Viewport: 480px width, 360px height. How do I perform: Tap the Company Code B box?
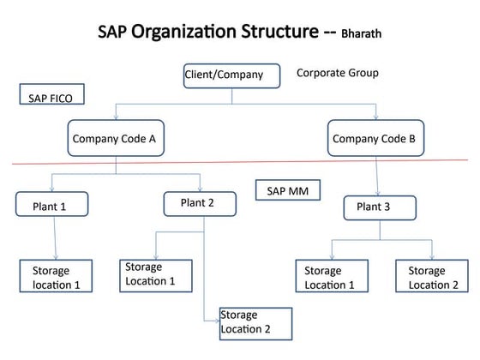coord(373,138)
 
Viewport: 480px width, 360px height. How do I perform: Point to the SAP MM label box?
coord(288,190)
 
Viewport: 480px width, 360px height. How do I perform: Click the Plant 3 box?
coord(380,208)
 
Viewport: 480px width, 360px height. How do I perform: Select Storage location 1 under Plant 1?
coord(56,276)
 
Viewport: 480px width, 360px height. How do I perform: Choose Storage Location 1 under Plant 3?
coord(330,277)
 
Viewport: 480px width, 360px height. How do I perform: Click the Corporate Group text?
coord(338,74)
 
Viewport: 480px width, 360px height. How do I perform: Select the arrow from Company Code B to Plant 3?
coord(377,176)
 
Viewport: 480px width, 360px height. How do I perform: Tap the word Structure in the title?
coord(271,33)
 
